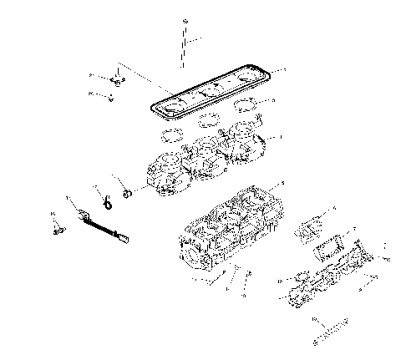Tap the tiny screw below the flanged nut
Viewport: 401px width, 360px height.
pyautogui.click(x=110, y=96)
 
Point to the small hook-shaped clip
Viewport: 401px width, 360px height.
pyautogui.click(x=107, y=197)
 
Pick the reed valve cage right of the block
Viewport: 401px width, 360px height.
pyautogui.click(x=310, y=226)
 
